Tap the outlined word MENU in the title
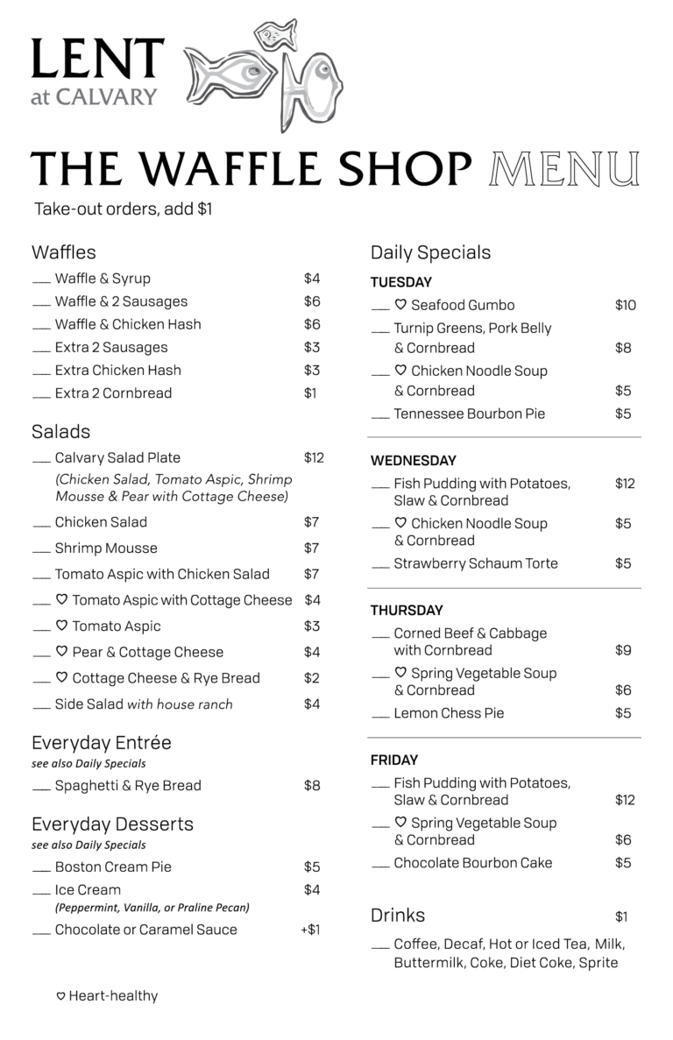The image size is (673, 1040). (x=564, y=169)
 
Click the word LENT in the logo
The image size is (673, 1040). (x=97, y=60)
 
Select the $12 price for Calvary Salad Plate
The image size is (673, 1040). (x=314, y=457)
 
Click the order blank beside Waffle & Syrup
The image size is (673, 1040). (x=41, y=280)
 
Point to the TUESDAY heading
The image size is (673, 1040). (x=400, y=282)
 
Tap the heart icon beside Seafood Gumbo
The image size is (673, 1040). (x=400, y=305)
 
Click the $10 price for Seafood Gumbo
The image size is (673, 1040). (x=625, y=305)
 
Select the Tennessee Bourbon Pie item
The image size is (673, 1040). (x=469, y=414)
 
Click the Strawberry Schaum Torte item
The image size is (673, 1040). (x=475, y=563)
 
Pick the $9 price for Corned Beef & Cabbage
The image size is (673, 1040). (x=623, y=650)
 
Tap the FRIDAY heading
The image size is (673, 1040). (x=393, y=760)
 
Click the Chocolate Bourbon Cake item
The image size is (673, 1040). (x=472, y=863)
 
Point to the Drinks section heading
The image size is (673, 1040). (x=397, y=916)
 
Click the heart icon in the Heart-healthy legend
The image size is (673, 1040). (x=61, y=996)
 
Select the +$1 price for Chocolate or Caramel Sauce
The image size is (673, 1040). (x=310, y=930)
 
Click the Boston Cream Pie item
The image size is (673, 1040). (x=113, y=867)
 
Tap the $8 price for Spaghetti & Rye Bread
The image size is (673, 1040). (x=312, y=785)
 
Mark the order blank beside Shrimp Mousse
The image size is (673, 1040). (x=41, y=550)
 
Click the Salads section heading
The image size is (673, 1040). (x=60, y=432)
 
